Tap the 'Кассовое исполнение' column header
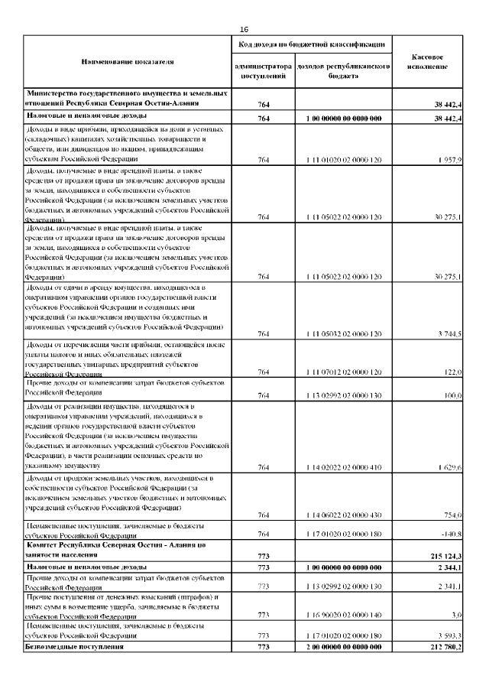[x=428, y=62]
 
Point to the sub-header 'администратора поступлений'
[x=264, y=71]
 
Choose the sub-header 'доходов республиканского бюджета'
[x=343, y=71]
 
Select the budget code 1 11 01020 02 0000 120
[x=343, y=160]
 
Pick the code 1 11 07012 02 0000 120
[x=343, y=372]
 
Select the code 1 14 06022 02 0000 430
[x=343, y=515]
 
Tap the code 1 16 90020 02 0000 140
[x=343, y=614]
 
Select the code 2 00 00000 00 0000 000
[x=343, y=647]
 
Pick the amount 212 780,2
[x=444, y=647]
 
